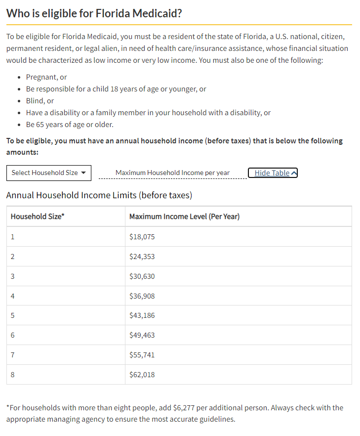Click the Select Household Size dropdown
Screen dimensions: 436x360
click(x=48, y=173)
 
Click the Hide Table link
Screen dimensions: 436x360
click(x=272, y=173)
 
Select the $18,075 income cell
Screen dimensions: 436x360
click(x=142, y=237)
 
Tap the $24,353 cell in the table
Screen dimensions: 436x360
click(x=142, y=257)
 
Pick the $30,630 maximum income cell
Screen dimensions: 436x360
click(x=142, y=276)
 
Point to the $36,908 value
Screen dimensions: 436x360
click(x=142, y=296)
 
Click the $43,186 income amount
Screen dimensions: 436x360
click(x=142, y=315)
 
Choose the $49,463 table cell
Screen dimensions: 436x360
click(x=142, y=335)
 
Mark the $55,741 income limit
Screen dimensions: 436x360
click(x=142, y=355)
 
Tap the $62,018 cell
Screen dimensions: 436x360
click(x=142, y=375)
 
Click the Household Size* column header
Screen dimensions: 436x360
click(x=38, y=217)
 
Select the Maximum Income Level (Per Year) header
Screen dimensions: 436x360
click(x=184, y=217)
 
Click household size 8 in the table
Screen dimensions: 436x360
click(x=12, y=375)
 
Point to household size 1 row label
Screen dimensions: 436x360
click(x=12, y=237)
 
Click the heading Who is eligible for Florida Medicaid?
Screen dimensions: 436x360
click(x=94, y=13)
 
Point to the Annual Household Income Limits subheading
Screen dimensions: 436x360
click(x=99, y=195)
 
